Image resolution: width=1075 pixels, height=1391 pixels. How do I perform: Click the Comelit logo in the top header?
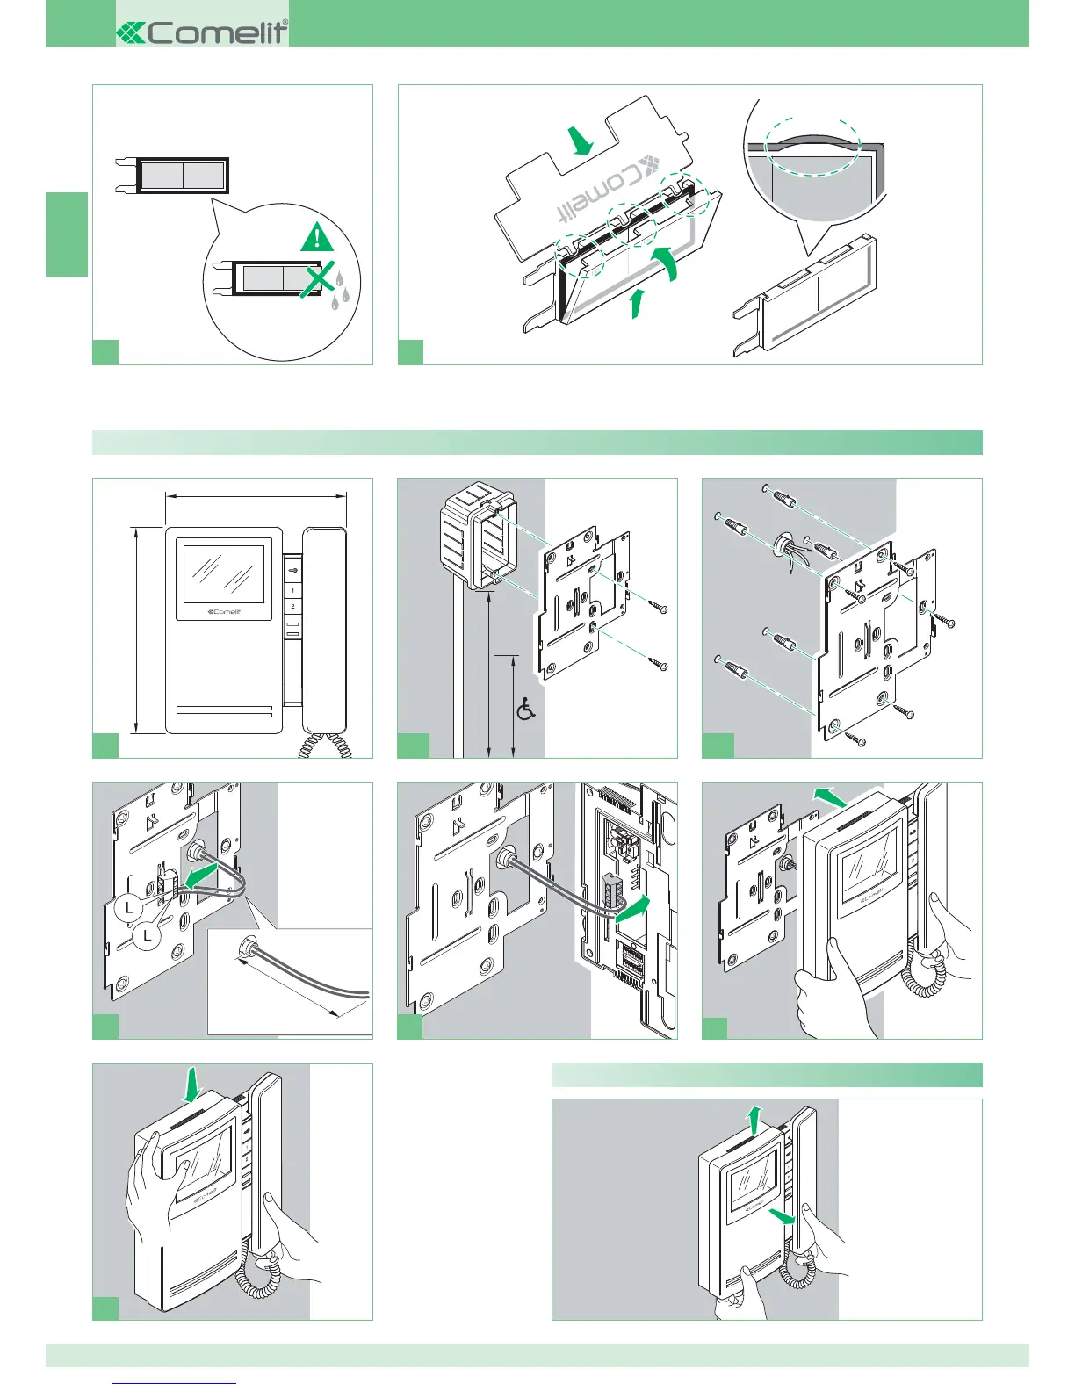202,32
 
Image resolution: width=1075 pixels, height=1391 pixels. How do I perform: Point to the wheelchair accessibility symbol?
526,709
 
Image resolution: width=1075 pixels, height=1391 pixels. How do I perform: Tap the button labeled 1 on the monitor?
292,590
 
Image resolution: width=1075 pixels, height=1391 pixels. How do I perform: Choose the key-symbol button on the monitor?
292,570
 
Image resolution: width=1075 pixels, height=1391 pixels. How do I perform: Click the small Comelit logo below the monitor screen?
223,612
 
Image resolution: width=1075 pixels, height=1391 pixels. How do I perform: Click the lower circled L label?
148,936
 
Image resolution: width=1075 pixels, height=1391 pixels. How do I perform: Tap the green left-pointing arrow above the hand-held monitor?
830,797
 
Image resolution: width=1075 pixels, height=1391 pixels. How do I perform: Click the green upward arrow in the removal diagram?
752,1120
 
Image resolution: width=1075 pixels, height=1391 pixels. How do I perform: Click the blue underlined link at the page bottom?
175,1383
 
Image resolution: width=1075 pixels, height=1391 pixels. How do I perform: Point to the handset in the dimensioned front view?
325,629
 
